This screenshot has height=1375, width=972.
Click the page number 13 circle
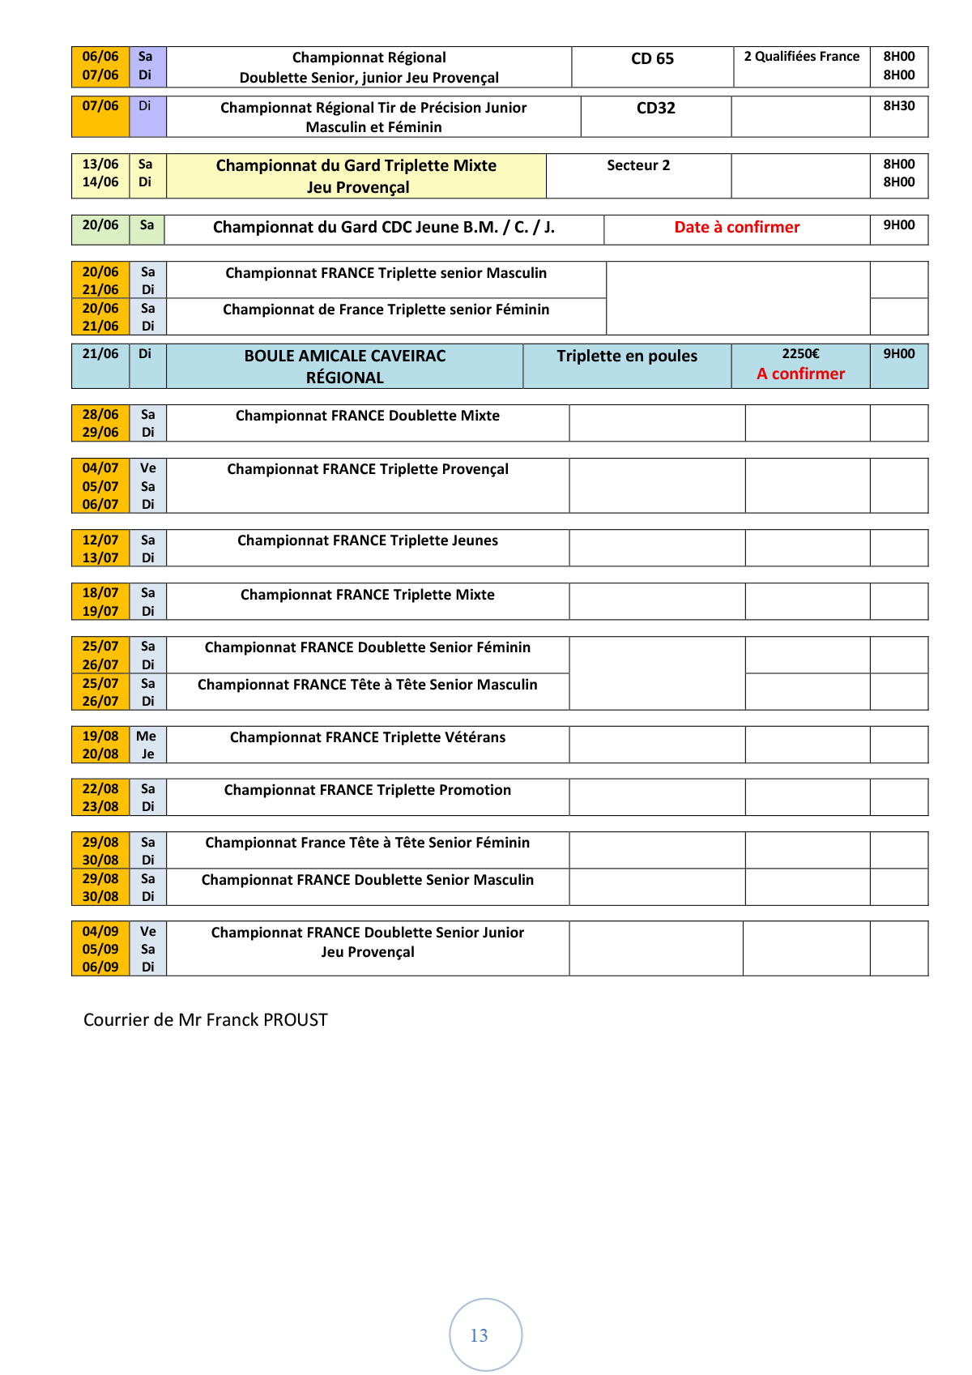[x=485, y=1334]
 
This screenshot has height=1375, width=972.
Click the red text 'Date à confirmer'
[x=736, y=228]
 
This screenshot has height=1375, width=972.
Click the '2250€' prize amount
[x=800, y=354]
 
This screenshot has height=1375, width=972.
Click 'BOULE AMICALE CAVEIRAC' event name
[x=345, y=357]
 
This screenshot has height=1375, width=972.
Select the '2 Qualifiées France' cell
[x=801, y=57]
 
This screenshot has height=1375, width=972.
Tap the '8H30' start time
[x=898, y=106]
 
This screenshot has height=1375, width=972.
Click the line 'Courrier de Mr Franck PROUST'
[x=206, y=1020]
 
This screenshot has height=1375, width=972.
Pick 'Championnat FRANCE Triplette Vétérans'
[x=368, y=737]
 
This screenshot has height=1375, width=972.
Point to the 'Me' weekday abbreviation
[x=147, y=737]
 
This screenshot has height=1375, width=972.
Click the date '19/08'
[x=100, y=737]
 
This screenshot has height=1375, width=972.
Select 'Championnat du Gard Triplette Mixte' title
[x=356, y=166]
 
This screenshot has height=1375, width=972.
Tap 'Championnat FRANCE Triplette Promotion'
[x=368, y=790]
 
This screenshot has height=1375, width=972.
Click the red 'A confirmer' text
[x=800, y=374]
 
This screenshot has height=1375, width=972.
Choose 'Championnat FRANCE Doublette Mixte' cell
[x=368, y=416]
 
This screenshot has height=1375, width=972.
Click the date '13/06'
[x=100, y=164]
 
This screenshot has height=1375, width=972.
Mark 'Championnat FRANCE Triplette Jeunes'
[x=368, y=540]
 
